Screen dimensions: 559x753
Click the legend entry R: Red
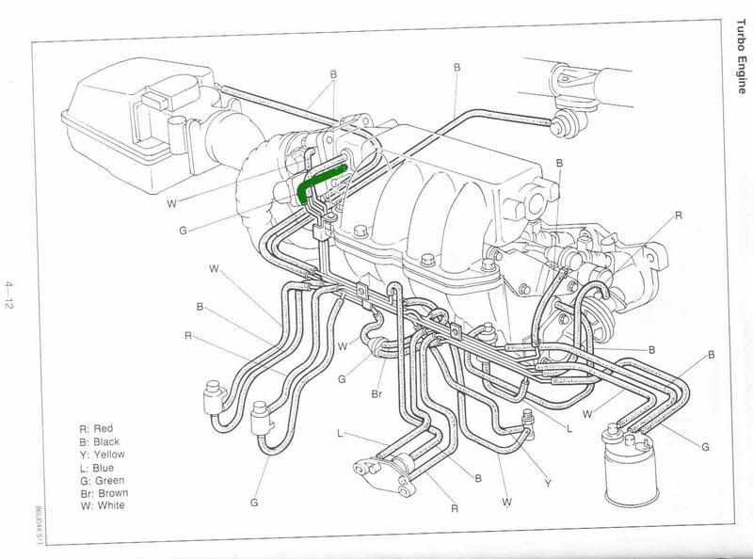tap(96, 427)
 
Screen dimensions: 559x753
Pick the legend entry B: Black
tap(99, 440)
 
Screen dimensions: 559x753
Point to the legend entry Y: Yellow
tap(101, 454)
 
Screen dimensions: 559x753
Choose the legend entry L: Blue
tap(97, 467)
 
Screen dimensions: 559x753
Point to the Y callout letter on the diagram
tap(548, 483)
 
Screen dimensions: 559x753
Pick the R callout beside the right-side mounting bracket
tap(677, 216)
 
